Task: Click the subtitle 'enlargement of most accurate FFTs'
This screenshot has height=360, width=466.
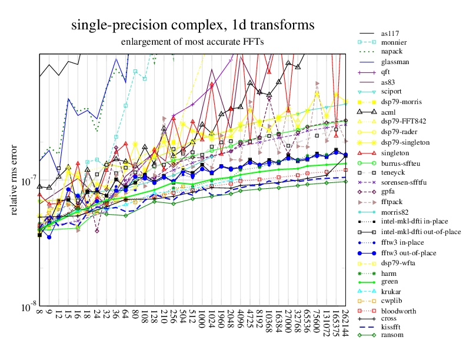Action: [x=192, y=42]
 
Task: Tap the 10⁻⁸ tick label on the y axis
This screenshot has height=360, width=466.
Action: [x=26, y=307]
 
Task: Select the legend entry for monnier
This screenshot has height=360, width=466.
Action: [x=393, y=43]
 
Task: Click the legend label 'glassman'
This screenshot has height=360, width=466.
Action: [x=395, y=62]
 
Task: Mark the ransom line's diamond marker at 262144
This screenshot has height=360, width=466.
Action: [x=345, y=181]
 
